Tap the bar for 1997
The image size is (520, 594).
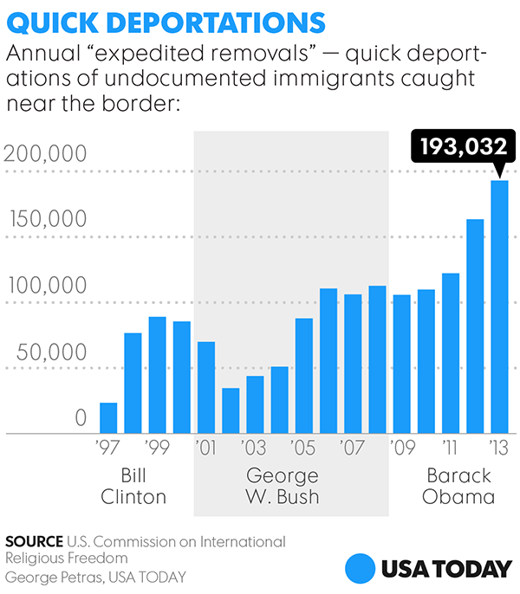point(108,417)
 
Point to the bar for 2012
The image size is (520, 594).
point(475,326)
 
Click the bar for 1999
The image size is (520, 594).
point(157,375)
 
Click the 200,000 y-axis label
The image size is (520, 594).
point(45,155)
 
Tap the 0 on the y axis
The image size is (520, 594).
point(81,418)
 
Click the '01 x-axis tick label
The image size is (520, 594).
point(206,449)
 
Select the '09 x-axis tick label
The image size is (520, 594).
point(401,449)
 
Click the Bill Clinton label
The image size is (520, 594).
point(133,487)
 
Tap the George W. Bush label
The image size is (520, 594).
point(283,487)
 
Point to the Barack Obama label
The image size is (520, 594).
point(459,487)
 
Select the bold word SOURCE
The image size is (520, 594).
point(33,542)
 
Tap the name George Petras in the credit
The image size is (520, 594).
point(49,577)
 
